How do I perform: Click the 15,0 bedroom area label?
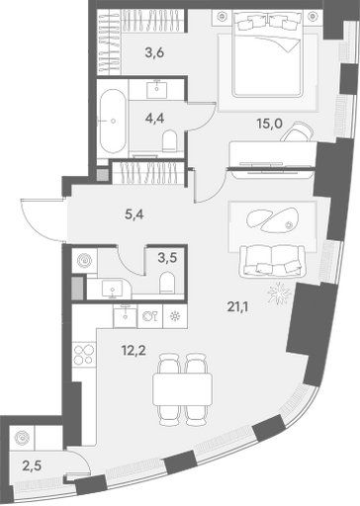(x=270, y=125)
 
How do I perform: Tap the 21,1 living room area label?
(x=237, y=307)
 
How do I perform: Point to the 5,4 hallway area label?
(x=135, y=215)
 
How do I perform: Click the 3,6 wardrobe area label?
(x=154, y=52)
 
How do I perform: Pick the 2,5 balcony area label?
(x=33, y=466)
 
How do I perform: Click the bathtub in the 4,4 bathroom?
(x=112, y=121)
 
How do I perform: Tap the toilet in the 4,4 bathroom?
(x=170, y=141)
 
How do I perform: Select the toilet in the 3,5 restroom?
(x=167, y=283)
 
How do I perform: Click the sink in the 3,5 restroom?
(x=113, y=289)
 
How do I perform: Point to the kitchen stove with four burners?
(x=84, y=354)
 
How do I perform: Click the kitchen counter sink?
(x=125, y=316)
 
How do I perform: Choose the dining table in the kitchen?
(x=182, y=390)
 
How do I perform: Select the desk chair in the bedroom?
(x=297, y=131)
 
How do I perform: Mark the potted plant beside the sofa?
(x=279, y=293)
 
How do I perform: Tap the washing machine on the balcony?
(x=22, y=438)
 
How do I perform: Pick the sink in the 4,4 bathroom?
(x=157, y=87)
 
